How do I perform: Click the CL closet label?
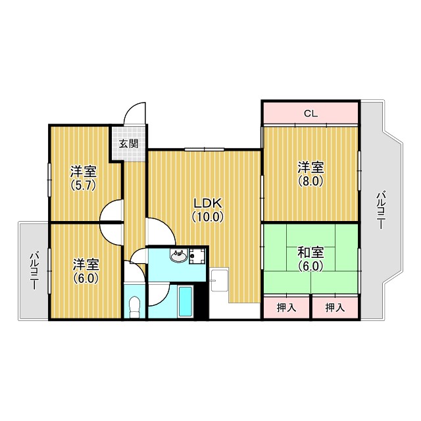[310, 114]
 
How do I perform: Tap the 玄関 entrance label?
[129, 144]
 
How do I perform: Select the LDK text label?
[209, 203]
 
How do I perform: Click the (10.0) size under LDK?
[208, 216]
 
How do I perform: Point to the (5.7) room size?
[83, 185]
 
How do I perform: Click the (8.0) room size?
[310, 181]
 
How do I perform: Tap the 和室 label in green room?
[310, 253]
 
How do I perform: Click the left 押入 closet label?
[287, 307]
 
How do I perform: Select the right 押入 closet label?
[335, 307]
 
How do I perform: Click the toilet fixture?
[134, 307]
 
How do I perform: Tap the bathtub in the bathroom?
[186, 301]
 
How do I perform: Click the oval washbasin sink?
[178, 256]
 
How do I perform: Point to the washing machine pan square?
[197, 256]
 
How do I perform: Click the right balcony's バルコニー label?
[381, 210]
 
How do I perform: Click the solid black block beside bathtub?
[201, 301]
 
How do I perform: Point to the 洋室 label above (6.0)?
[86, 264]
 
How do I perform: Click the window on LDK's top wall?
[205, 149]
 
